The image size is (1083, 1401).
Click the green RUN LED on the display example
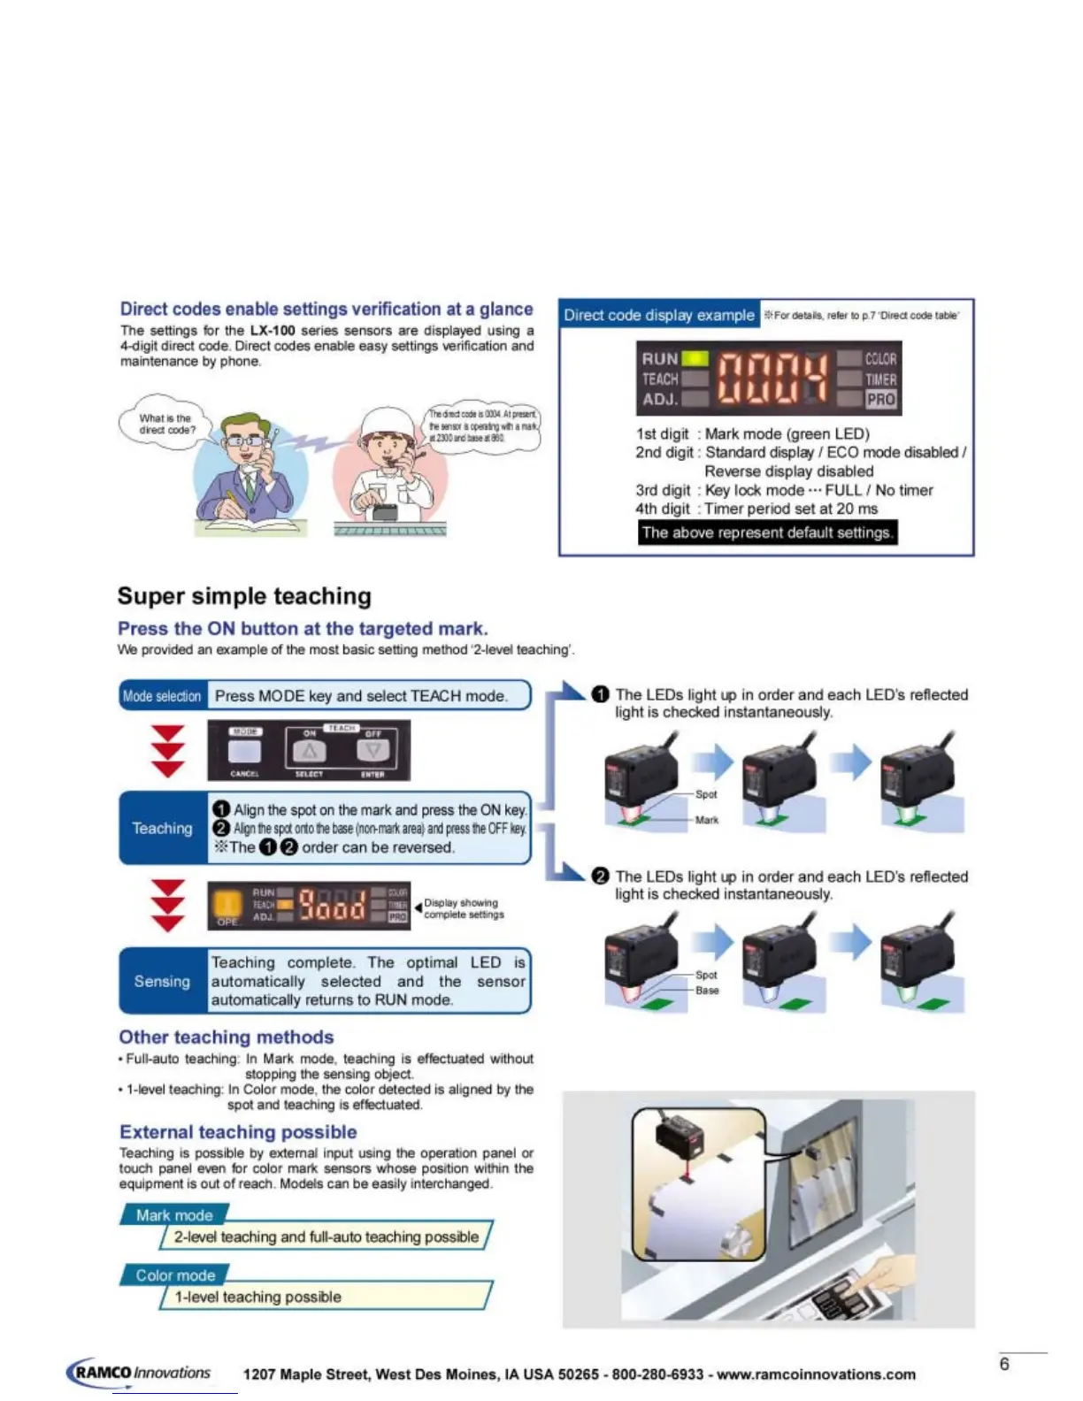pos(695,358)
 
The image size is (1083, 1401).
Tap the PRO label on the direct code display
pos(880,399)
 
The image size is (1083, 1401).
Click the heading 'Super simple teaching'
pos(244,596)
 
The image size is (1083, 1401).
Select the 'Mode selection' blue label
pos(163,696)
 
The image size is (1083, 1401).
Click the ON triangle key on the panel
pos(309,751)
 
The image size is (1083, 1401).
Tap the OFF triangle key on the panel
pos(373,751)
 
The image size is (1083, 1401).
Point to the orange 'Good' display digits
pos(332,905)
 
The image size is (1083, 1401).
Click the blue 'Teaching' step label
pos(162,828)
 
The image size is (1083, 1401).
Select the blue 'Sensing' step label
pos(162,981)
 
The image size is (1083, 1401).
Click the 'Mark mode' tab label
pos(174,1215)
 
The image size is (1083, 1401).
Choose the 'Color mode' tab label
pos(175,1275)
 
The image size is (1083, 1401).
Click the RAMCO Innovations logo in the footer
pos(140,1373)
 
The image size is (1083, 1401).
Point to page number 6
pos(1004,1364)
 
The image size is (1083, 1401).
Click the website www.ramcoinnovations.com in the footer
pos(816,1374)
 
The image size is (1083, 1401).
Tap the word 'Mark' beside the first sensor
pos(707,820)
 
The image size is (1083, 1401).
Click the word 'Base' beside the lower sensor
pos(707,991)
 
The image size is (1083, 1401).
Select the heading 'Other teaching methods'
pos(227,1037)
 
